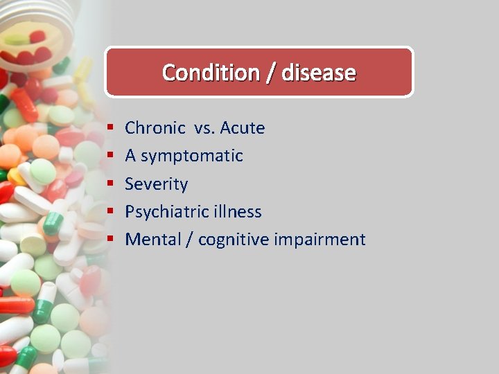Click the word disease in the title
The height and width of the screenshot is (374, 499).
[319, 72]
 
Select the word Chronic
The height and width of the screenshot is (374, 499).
[155, 128]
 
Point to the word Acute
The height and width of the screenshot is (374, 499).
[243, 128]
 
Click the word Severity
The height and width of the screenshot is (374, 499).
[156, 184]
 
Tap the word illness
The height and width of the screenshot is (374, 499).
[240, 212]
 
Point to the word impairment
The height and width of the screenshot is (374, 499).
[319, 240]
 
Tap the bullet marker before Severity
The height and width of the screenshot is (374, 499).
[110, 184]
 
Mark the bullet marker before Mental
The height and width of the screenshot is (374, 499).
[110, 240]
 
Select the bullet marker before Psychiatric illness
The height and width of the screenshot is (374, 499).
[110, 212]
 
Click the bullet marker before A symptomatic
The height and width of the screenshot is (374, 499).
[110, 157]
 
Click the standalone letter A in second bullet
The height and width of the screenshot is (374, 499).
[130, 156]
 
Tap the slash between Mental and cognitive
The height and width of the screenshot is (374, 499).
[189, 240]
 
